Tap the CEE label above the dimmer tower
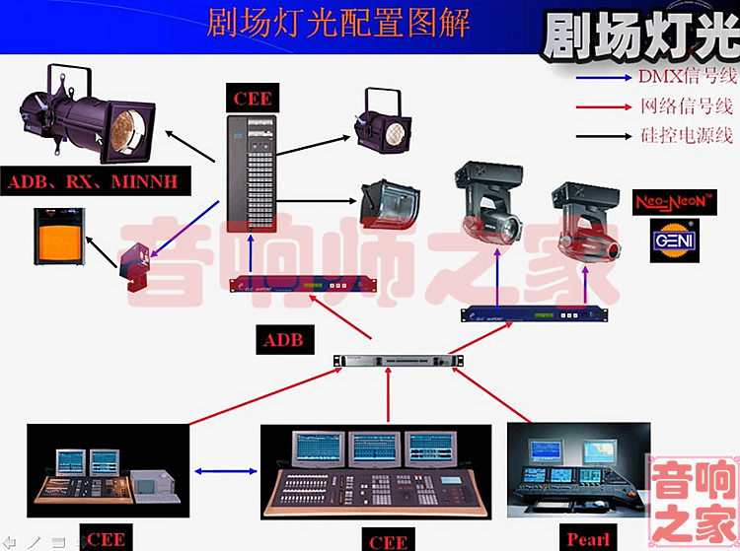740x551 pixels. point(254,97)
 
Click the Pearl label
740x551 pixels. point(589,538)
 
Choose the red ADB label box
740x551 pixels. point(287,340)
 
